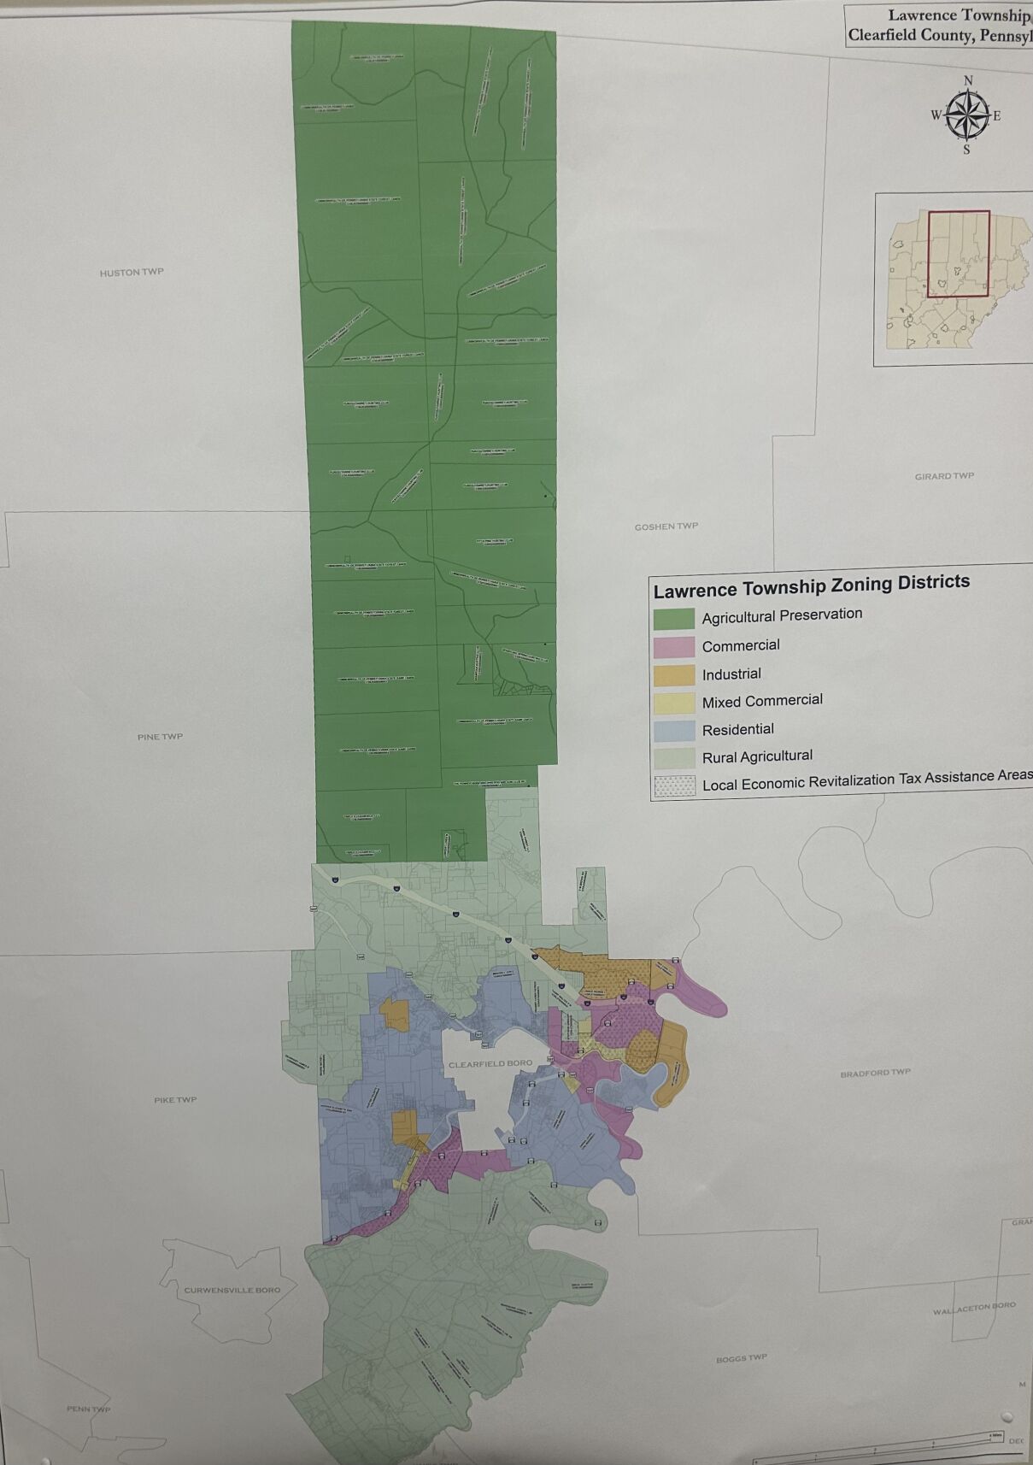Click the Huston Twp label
pos(132,273)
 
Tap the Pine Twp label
pos(160,737)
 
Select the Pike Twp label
pos(175,1100)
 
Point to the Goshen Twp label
pos(666,527)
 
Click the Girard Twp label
pos(944,476)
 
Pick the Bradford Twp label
pos(875,1073)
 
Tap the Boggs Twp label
pos(741,1358)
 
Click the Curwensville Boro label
pos(232,1290)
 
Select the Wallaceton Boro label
pos(974,1308)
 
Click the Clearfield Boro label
pos(490,1064)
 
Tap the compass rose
pos(966,115)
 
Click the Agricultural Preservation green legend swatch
pos(673,619)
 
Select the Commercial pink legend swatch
pos(673,647)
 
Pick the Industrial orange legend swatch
pos(673,675)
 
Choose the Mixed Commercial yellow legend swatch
pos(673,703)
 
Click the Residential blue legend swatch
pos(673,731)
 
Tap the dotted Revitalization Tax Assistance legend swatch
pos(673,786)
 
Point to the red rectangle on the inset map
pos(958,254)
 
